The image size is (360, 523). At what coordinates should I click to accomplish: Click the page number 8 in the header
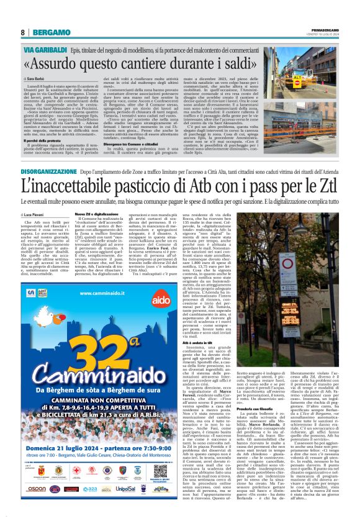point(22,32)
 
